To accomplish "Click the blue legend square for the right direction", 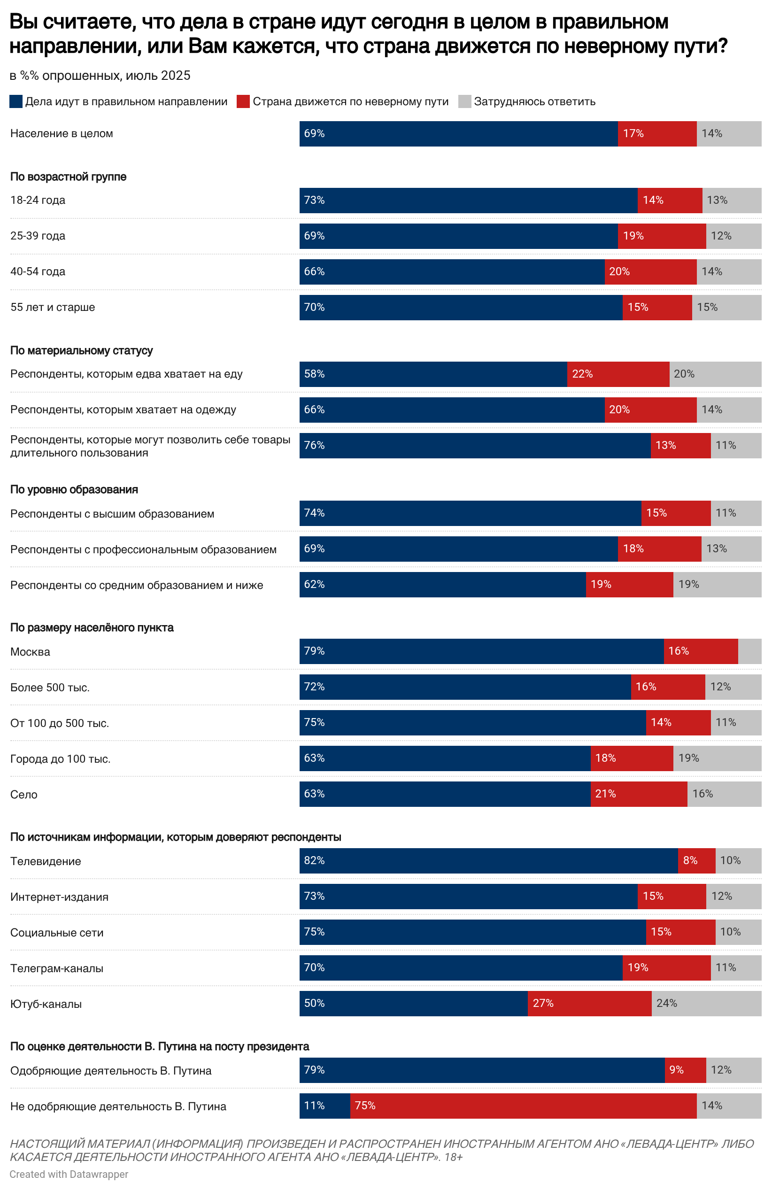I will click(x=16, y=101).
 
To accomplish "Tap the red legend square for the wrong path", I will click(x=243, y=101).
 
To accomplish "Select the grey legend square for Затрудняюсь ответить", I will click(x=464, y=101).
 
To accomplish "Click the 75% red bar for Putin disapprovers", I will click(x=523, y=1106).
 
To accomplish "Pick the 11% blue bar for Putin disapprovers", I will click(x=324, y=1106).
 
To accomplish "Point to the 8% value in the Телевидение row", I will click(x=690, y=860).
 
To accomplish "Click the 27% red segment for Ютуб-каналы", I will click(x=589, y=1003).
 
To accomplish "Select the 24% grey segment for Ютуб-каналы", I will click(x=706, y=1003).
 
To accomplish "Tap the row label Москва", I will click(x=30, y=651).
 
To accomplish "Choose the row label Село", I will click(x=23, y=794).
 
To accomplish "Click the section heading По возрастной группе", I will click(x=68, y=177).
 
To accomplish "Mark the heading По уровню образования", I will click(x=74, y=489).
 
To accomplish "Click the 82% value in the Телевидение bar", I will click(x=314, y=860).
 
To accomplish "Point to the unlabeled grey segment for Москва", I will click(x=749, y=651).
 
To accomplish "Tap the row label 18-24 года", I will click(x=38, y=200).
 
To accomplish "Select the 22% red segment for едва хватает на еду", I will click(x=618, y=374).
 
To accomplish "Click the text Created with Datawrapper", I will click(x=69, y=1174).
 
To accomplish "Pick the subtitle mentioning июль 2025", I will click(x=100, y=76).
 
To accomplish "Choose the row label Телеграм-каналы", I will click(x=56, y=968).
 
